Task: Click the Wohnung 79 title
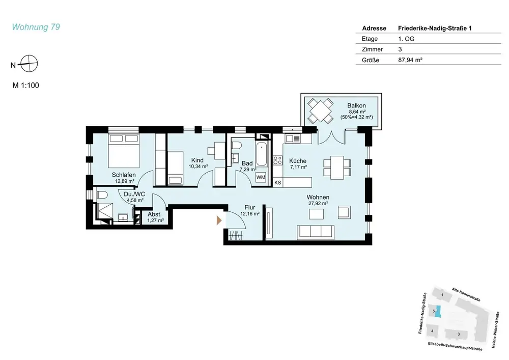click(36, 27)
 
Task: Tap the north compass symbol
click(29, 64)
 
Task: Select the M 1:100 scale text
click(25, 86)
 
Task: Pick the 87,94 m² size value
click(410, 60)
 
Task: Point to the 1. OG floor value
click(406, 39)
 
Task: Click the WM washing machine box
click(261, 177)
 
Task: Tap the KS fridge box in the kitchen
click(277, 182)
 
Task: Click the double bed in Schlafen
click(124, 150)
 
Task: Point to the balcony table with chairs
click(320, 110)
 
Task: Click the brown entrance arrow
click(219, 220)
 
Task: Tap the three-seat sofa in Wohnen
click(316, 232)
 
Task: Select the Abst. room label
click(155, 214)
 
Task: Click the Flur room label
click(250, 207)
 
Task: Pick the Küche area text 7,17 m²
click(298, 167)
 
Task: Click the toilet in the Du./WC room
click(102, 195)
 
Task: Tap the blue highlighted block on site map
click(438, 311)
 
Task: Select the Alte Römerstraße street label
click(466, 294)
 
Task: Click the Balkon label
click(356, 105)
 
